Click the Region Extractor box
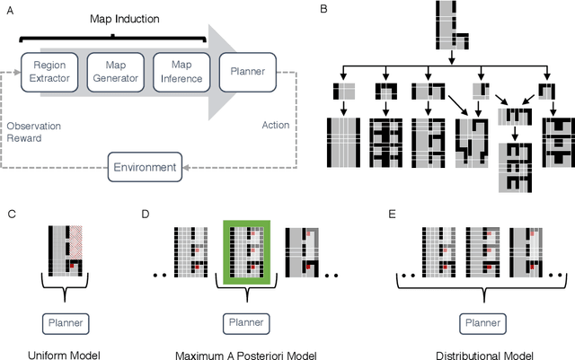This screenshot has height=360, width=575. tap(49, 73)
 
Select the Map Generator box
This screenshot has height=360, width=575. tap(115, 73)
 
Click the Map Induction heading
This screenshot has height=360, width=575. tap(112, 19)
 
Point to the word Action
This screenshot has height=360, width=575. tap(275, 125)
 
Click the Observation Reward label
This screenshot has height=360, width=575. tap(29, 131)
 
